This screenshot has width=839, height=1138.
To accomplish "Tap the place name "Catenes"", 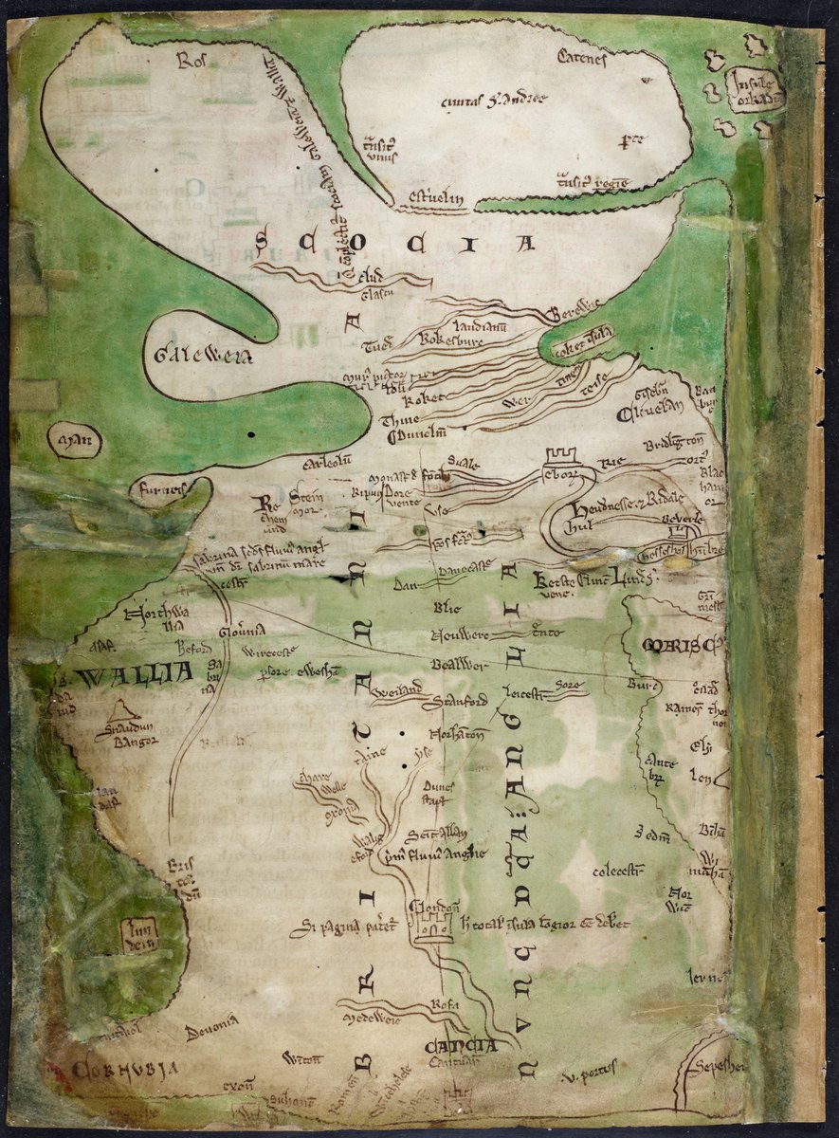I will tap(580, 60).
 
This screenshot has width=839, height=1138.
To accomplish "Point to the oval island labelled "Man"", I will tap(73, 440).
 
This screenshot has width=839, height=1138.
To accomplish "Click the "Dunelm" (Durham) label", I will tap(415, 437).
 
